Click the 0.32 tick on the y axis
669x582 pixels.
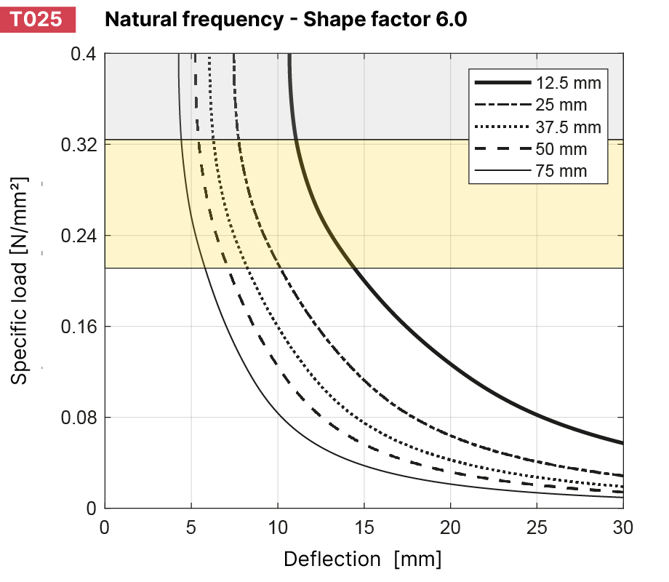pos(79,145)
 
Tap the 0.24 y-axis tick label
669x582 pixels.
pos(79,236)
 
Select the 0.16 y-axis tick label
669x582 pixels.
pos(79,327)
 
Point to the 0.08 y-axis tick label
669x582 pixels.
pos(79,418)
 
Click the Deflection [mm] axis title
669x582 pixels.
pos(362,559)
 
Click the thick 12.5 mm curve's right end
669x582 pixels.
pos(621,442)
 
